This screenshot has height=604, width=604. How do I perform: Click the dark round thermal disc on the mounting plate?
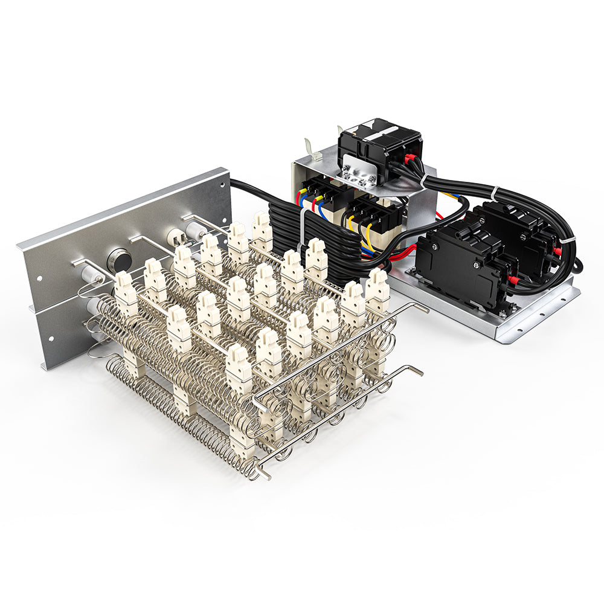pos(119,260)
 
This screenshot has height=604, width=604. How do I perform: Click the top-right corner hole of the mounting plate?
pos(221,179)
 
